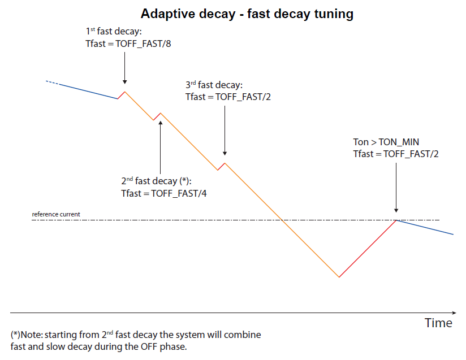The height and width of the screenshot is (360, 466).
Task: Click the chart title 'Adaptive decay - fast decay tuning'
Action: coord(247,14)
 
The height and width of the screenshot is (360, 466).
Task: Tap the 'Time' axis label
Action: coord(438,323)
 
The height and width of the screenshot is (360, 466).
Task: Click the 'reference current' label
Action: coord(56,215)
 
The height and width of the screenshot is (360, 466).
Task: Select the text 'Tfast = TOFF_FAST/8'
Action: coord(127,44)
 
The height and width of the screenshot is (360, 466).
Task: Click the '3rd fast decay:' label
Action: coord(214,85)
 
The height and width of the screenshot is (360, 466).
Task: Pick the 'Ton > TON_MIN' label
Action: coord(386,142)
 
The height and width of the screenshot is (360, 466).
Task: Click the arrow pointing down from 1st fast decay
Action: coord(124,68)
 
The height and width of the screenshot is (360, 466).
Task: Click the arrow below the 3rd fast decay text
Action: coord(225,130)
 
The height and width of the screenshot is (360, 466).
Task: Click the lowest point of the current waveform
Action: coord(339,277)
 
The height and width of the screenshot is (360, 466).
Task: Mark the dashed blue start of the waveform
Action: coord(53,83)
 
